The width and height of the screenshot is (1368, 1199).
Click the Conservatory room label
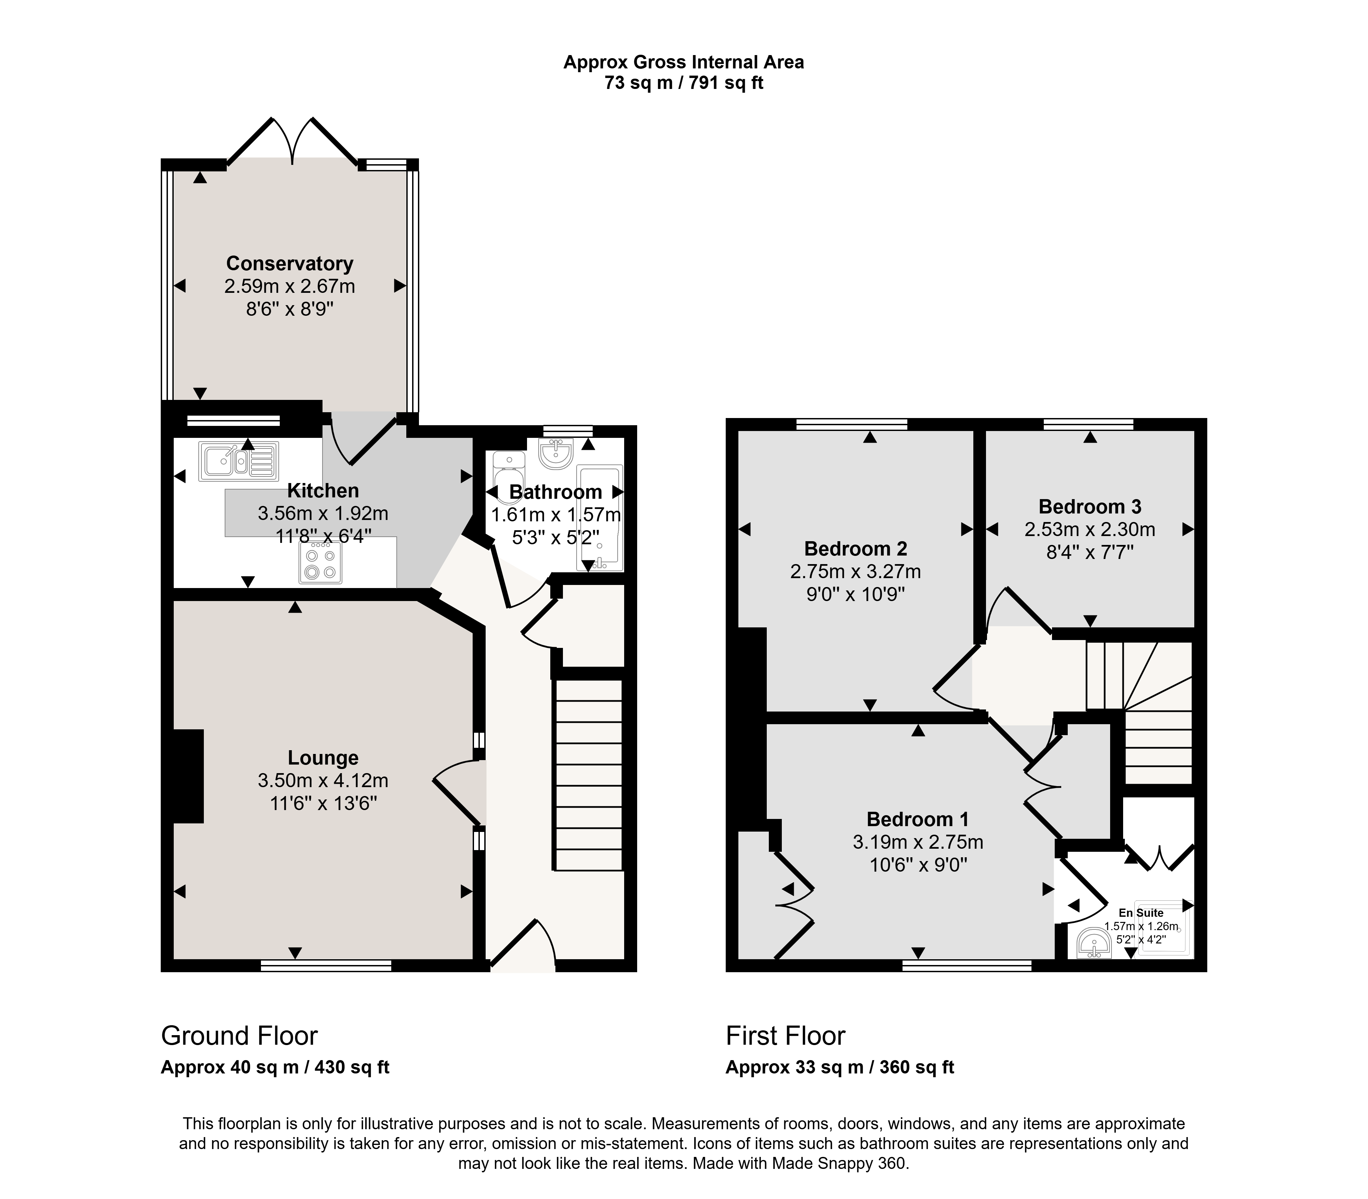290,264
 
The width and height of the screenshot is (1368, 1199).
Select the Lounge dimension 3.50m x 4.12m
323,780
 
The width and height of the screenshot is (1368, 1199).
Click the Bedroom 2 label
856,549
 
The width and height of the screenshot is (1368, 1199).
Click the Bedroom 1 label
918,819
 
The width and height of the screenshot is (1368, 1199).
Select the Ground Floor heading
239,1036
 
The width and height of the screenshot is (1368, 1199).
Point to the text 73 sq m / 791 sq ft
684,83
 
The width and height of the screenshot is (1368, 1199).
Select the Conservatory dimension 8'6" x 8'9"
290,309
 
